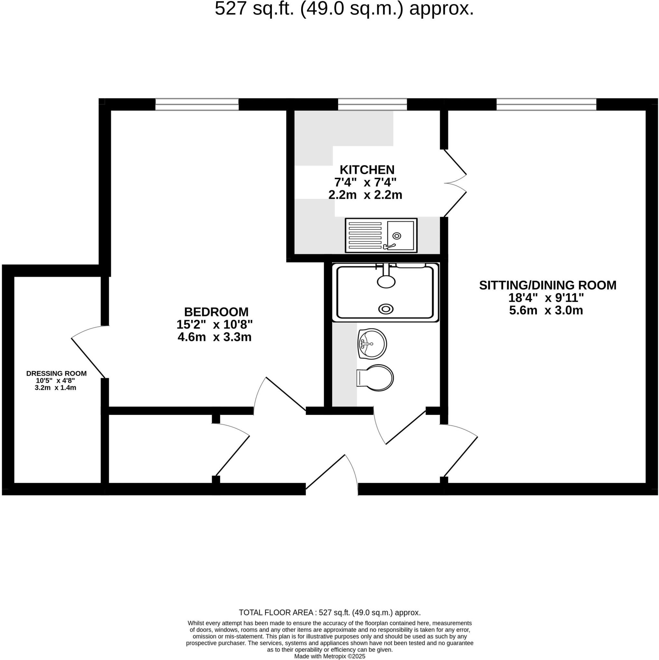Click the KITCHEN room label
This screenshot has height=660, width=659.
[367, 170]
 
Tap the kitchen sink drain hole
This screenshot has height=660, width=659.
[396, 236]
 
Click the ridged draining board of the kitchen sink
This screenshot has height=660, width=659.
[365, 235]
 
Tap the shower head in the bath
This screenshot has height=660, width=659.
[386, 281]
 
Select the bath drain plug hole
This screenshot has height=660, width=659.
[386, 309]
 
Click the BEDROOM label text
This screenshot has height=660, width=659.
[216, 312]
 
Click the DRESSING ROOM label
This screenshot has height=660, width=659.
[56, 374]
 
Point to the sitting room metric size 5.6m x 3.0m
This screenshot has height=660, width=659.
[546, 311]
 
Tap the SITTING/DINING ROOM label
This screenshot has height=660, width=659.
[548, 285]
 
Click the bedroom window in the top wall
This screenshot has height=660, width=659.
[197, 104]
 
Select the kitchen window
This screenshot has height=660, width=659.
[372, 104]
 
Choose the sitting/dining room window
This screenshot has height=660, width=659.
[546, 104]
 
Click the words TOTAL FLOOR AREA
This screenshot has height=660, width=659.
[276, 612]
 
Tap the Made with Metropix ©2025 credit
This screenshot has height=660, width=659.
[329, 656]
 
